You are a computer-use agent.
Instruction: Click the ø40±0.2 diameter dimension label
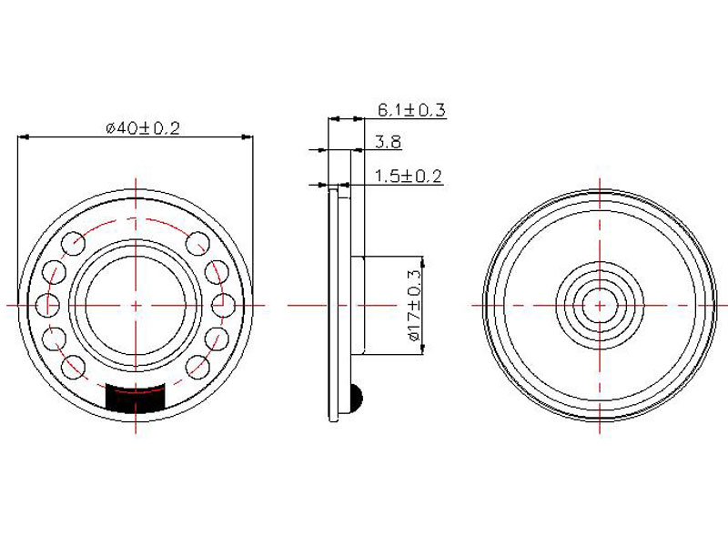143,127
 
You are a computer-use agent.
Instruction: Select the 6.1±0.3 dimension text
411,110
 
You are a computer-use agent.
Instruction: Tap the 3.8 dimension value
389,142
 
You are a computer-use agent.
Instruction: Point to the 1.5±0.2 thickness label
408,177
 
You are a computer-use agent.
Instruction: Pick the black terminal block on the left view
136,398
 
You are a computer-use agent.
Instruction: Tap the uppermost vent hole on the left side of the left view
74,244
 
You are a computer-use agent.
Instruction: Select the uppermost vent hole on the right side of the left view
197,244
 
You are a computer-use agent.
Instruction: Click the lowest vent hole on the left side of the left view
74,367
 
